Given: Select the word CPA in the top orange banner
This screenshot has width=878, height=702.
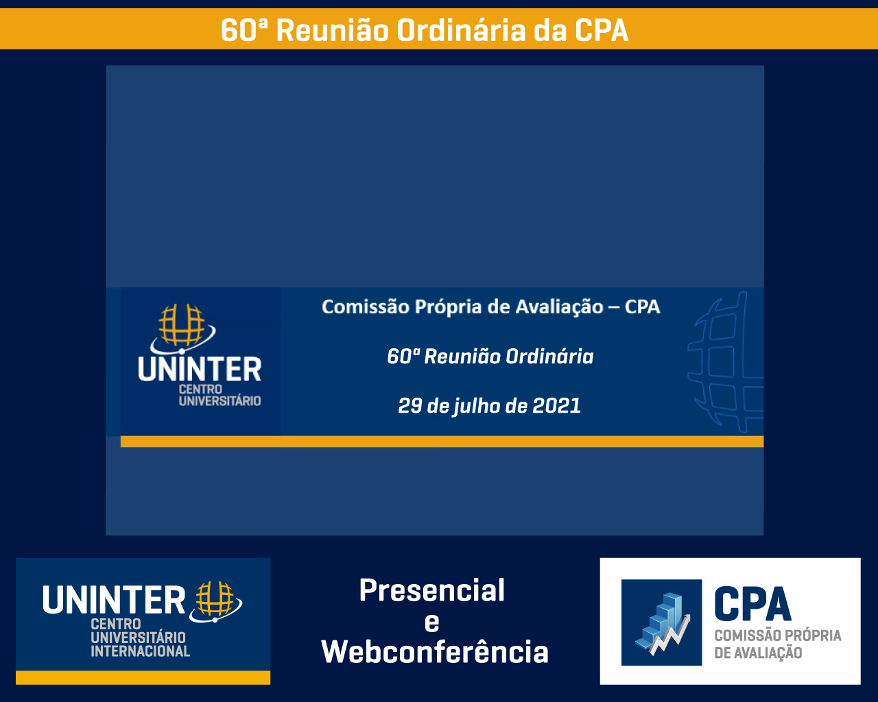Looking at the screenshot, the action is [602, 30].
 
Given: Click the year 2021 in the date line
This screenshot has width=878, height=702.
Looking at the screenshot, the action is [556, 406].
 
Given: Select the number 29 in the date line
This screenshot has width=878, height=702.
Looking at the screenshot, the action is [410, 406].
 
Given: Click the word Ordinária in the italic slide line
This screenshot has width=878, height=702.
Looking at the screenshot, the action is [549, 356].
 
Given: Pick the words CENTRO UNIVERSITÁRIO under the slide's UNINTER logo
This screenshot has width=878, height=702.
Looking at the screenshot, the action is [220, 396].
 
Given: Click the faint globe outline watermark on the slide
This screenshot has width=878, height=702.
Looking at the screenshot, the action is [726, 362].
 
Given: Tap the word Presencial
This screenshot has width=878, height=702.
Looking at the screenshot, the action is [432, 590].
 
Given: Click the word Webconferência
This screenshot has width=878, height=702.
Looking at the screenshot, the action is [435, 651].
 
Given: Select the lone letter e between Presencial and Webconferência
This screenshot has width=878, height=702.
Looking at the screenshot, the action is [432, 623].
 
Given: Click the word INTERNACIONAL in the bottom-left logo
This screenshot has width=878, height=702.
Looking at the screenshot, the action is [141, 651].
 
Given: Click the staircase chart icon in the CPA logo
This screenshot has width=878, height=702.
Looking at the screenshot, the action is [661, 622].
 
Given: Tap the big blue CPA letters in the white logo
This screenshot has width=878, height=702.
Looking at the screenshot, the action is [752, 605].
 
